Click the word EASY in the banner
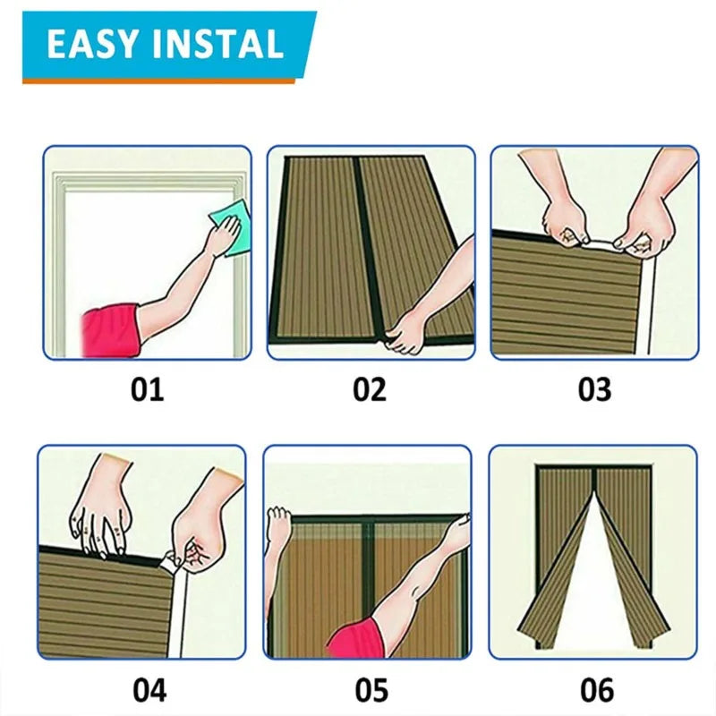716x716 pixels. pos(92,44)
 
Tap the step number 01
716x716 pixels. pos(147,389)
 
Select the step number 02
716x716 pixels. pos(370,389)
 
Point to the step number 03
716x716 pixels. pos(594,389)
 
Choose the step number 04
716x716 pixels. pos(149,690)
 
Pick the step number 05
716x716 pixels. pos(371,690)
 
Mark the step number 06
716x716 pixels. pos(597,690)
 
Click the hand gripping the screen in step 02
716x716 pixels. pos(405,332)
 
